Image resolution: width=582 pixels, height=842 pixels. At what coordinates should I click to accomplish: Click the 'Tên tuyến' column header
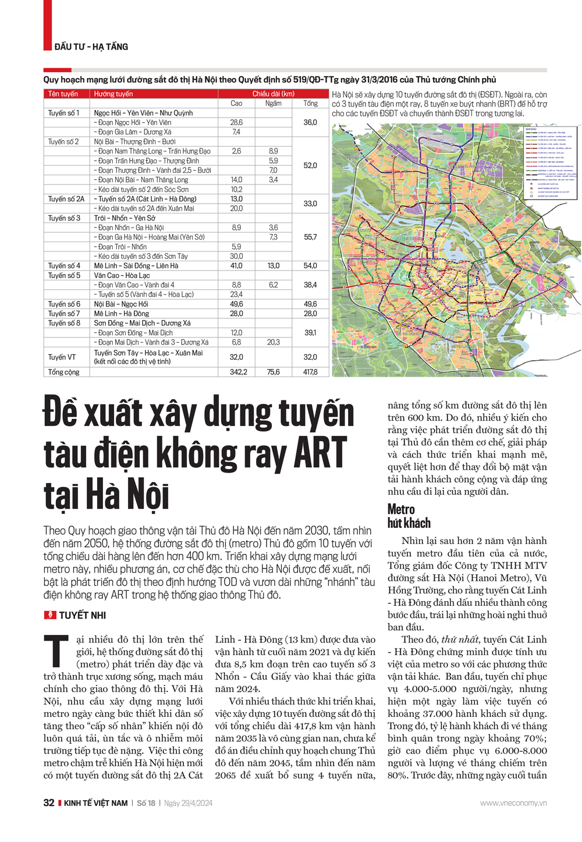point(63,94)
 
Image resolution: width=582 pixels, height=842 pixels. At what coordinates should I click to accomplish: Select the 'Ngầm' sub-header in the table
point(273,104)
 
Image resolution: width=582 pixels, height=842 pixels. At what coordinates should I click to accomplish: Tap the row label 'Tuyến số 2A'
point(66,199)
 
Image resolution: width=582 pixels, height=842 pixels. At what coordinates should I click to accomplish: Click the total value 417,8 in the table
point(310,372)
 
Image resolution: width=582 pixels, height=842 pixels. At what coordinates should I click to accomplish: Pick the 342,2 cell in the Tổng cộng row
point(238,372)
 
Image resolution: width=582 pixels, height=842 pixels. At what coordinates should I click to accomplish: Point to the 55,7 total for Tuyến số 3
point(310,237)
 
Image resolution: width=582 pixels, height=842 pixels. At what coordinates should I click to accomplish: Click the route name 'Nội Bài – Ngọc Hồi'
point(121,304)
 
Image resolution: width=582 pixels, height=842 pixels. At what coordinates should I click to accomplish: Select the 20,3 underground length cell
point(273,342)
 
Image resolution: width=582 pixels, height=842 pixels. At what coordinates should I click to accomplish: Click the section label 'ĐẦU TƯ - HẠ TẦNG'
point(91,47)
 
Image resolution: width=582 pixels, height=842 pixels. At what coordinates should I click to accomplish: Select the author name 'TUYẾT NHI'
point(82,615)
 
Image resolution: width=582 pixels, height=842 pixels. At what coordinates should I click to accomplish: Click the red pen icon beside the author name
point(50,615)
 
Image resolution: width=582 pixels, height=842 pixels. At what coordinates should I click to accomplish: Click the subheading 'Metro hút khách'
point(409,516)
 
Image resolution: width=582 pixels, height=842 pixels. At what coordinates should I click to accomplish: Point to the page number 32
point(49,803)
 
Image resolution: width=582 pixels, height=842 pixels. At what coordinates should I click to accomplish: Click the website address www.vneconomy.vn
point(513,803)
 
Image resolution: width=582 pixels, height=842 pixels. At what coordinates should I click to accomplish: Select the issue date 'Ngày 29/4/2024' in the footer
point(188,803)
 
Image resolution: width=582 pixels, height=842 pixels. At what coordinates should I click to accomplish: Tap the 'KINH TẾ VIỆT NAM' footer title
point(95,803)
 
